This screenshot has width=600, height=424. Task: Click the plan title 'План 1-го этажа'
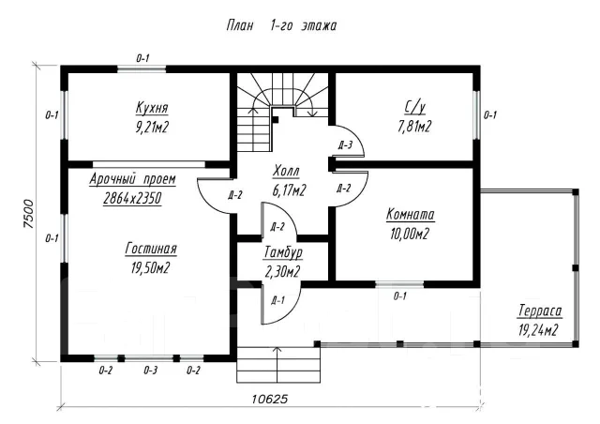281,25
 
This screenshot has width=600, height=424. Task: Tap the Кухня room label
152,108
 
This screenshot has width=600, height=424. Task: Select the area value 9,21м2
152,127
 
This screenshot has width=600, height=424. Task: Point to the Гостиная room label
151,249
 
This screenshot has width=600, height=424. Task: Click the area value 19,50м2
150,267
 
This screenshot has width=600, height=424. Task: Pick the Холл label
286,171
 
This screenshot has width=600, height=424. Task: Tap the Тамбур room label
283,252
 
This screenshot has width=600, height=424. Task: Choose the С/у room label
414,108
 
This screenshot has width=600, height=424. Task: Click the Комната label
411,214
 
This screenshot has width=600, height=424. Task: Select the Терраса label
540,310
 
